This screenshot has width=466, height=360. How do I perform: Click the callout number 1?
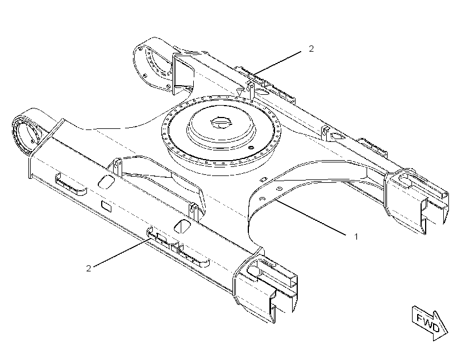pyautogui.click(x=356, y=237)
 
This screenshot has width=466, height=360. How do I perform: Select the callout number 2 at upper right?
pyautogui.click(x=311, y=48)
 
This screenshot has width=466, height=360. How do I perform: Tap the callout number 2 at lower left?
pyautogui.click(x=89, y=268)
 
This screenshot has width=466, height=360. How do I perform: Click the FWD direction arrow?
pyautogui.click(x=430, y=323)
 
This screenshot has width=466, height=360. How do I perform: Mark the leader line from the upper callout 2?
pyautogui.click(x=277, y=63)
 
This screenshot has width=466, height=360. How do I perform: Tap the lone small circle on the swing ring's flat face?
pyautogui.click(x=251, y=148)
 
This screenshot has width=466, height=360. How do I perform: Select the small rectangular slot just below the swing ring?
pyautogui.click(x=263, y=179)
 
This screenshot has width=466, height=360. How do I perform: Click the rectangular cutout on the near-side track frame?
pyautogui.click(x=106, y=206)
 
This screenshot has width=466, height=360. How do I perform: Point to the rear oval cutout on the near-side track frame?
pyautogui.click(x=106, y=182)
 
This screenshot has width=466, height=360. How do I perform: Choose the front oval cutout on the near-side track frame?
pyautogui.click(x=182, y=227)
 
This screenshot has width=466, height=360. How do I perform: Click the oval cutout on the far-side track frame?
pyautogui.click(x=336, y=136)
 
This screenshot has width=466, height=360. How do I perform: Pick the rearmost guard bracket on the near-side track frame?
pyautogui.click(x=70, y=185)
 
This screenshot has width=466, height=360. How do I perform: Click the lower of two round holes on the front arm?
pyautogui.click(x=262, y=198)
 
